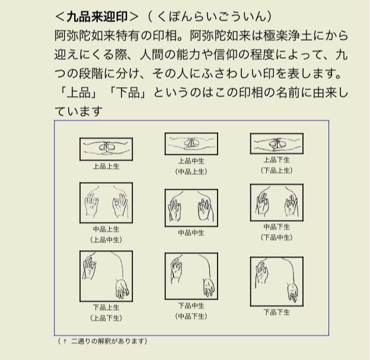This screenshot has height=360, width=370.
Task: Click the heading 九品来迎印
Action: (x=97, y=17)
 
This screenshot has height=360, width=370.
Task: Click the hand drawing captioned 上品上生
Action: (x=106, y=149)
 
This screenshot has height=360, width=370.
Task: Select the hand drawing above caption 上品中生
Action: (x=192, y=144)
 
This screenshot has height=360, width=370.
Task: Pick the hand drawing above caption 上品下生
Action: (x=277, y=144)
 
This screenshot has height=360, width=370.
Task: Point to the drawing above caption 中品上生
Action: (x=106, y=203)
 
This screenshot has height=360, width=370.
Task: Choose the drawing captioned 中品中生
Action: (x=192, y=208)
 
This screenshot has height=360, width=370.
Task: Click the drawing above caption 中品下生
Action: (x=277, y=203)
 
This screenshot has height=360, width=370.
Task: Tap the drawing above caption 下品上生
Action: (x=106, y=276)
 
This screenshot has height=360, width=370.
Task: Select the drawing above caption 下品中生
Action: (x=192, y=276)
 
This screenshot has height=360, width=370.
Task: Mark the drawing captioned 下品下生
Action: (x=277, y=282)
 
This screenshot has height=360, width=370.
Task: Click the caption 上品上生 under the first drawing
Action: (x=106, y=167)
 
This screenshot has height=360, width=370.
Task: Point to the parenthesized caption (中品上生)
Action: (x=191, y=171)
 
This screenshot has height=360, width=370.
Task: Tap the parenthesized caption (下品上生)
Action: (x=276, y=170)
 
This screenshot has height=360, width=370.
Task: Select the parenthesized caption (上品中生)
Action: (x=106, y=240)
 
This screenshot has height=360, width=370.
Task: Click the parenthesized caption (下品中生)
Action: (x=276, y=237)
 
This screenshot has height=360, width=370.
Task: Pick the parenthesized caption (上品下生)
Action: (x=106, y=318)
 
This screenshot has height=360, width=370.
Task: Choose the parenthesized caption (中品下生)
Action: (x=191, y=316)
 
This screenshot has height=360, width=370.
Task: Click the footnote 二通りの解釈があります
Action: (x=107, y=341)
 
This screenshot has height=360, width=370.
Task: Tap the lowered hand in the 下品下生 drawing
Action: (x=293, y=292)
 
